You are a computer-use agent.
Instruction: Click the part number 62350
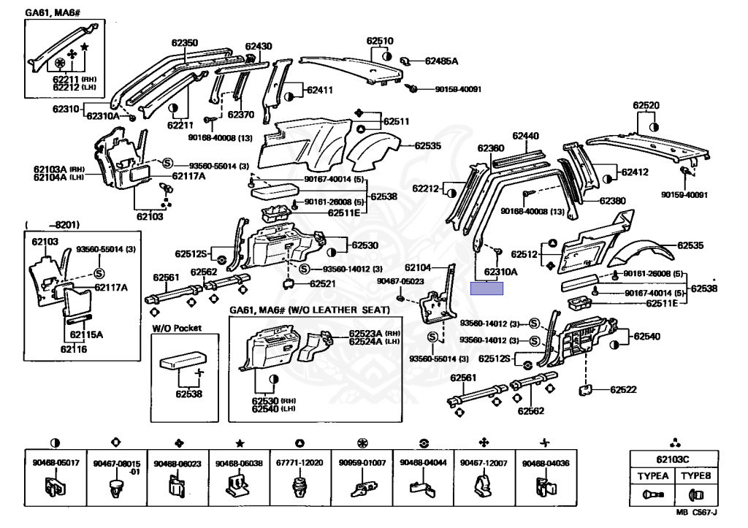(183, 43)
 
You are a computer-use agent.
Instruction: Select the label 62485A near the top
(441, 61)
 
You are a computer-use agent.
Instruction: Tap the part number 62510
(380, 42)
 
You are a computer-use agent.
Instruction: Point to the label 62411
(319, 91)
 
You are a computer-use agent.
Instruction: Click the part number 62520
(646, 106)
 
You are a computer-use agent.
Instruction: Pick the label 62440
(525, 136)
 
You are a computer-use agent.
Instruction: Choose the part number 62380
(612, 201)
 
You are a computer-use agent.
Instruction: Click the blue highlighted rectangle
(486, 287)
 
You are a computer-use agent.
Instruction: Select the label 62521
(322, 283)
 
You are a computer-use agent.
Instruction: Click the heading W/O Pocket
(177, 329)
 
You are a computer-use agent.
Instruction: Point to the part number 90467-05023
(400, 281)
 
